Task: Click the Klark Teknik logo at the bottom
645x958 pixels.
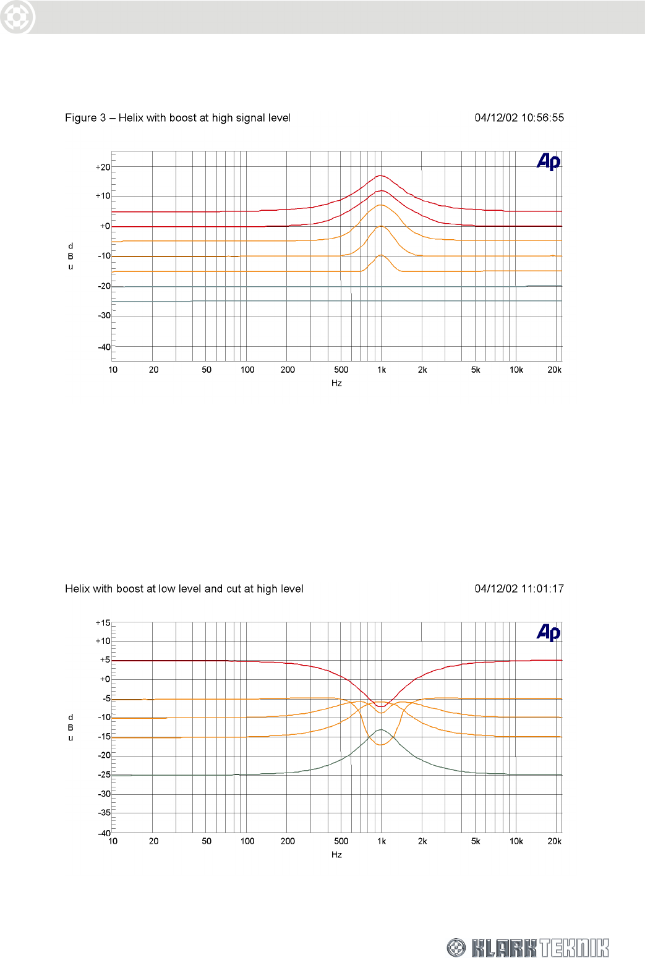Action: [528, 947]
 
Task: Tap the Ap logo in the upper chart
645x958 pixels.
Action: [549, 162]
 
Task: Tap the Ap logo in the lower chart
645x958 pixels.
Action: [549, 632]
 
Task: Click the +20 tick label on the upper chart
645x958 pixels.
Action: [103, 167]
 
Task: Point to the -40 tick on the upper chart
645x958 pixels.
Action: [104, 347]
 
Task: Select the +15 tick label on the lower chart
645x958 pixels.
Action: [103, 623]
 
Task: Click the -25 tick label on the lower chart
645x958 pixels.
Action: [104, 774]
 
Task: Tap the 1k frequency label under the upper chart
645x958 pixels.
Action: [382, 370]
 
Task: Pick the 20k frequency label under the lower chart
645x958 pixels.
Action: [554, 841]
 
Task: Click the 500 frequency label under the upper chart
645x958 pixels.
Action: [341, 370]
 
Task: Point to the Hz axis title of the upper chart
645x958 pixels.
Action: [336, 383]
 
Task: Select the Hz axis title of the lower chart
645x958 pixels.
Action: [336, 854]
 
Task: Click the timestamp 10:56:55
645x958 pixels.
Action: [542, 117]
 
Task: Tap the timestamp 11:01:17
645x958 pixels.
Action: [542, 588]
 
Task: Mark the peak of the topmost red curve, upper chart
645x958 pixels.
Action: [381, 176]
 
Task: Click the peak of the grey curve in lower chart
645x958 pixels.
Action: [382, 730]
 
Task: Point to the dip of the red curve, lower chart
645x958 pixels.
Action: [381, 706]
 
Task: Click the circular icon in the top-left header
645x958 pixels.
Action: [17, 17]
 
